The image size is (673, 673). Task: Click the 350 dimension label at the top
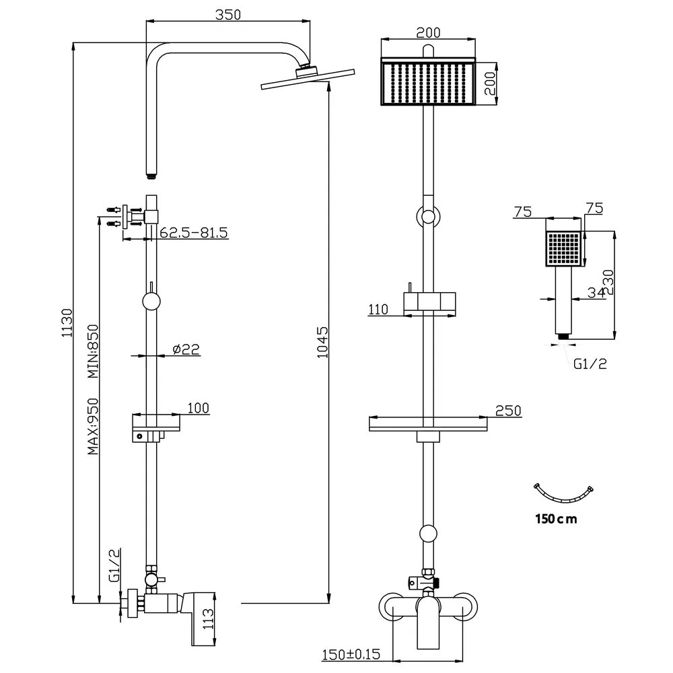point(229,14)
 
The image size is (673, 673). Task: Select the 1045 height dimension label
point(322,342)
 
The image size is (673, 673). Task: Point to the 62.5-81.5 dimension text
point(194,232)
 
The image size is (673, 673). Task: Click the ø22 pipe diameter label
point(186,349)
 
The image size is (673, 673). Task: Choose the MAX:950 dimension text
point(94,426)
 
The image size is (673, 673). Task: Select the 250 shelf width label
point(508,411)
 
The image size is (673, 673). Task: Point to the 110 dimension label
point(378,310)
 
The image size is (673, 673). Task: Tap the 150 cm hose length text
point(556,518)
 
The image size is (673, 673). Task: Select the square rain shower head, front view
point(429,83)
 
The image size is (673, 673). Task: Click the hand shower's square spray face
point(563,248)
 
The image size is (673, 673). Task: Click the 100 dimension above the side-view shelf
point(199,407)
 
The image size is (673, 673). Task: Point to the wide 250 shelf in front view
point(428,424)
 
